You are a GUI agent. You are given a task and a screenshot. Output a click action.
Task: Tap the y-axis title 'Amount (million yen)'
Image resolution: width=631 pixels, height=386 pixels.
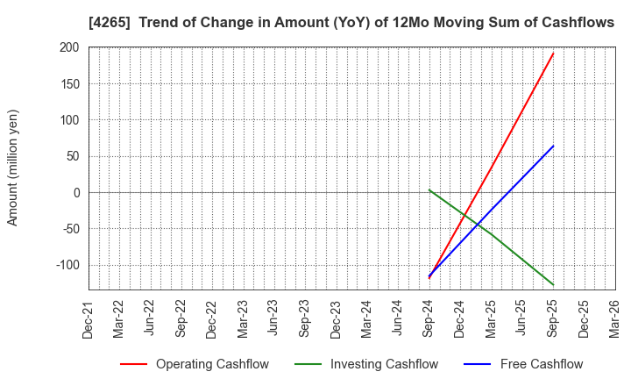tap(13, 168)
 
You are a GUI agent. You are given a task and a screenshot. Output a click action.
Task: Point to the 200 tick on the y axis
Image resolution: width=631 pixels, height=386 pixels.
tap(69, 47)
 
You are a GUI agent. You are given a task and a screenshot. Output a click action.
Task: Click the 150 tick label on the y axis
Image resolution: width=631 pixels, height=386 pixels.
tap(69, 84)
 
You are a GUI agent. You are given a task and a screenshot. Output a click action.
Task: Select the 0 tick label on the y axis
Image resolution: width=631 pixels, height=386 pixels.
tap(76, 193)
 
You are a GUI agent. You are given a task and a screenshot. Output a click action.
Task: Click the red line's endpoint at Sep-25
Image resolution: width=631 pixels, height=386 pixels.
tap(553, 54)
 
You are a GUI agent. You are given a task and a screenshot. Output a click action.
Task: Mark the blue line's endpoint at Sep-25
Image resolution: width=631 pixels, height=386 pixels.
tap(553, 146)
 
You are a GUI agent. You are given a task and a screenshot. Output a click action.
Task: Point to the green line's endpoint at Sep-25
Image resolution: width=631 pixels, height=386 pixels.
tap(553, 285)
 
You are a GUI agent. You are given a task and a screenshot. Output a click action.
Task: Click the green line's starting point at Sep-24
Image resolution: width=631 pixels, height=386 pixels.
tap(429, 189)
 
